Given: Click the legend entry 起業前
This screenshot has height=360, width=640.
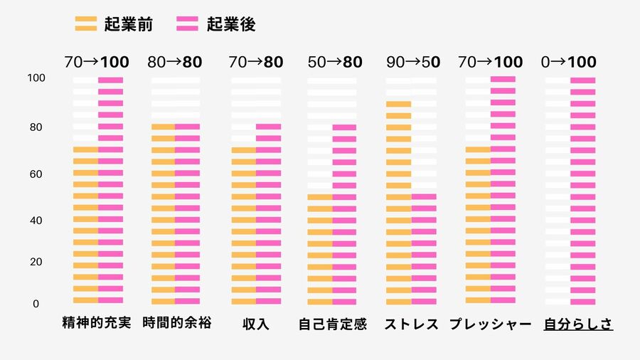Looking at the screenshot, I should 114,24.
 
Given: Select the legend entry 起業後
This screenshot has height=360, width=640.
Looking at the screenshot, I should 216,24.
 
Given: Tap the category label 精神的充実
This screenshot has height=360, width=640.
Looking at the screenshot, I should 97,324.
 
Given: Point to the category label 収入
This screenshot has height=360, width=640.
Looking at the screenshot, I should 256,324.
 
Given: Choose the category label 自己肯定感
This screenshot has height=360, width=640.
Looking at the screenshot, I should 332,324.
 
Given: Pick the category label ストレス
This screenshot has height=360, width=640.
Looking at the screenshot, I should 412,324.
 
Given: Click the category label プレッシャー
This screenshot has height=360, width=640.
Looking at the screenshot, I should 491,324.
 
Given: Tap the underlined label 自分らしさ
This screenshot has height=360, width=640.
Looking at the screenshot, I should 578,324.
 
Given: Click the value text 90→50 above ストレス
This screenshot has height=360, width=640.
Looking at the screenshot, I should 412,62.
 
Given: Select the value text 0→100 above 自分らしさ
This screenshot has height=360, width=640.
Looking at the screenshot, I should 568,62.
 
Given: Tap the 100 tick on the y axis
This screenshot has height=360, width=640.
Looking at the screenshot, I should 36,78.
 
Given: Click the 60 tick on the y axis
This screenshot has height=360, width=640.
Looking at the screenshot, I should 36,174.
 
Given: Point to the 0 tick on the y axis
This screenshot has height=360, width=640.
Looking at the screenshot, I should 36,304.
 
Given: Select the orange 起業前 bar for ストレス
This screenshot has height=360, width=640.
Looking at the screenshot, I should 398,203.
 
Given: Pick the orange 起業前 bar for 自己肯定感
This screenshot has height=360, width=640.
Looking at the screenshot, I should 319,249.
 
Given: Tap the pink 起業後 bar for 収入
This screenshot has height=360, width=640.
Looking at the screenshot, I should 268,213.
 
